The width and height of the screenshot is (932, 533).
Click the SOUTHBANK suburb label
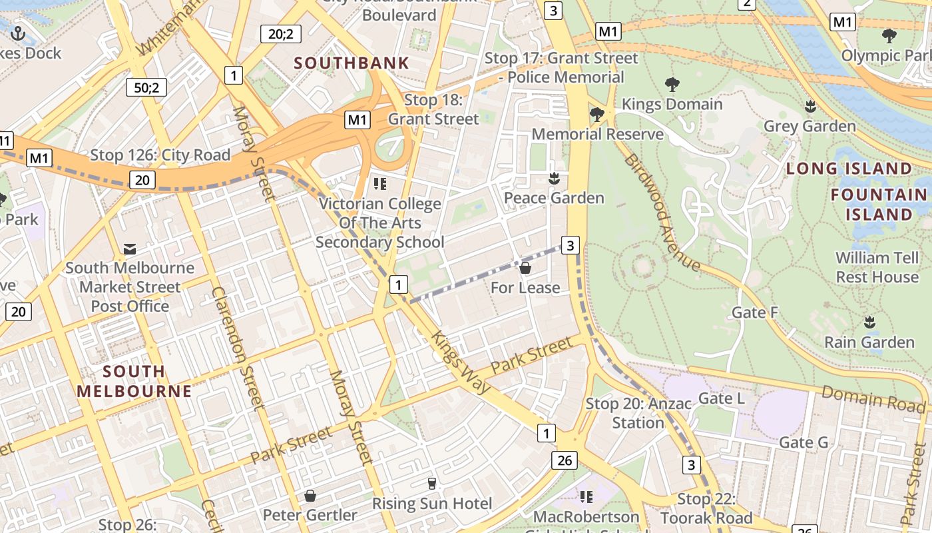(351, 63)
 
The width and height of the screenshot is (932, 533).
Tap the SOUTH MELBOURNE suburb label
(134, 381)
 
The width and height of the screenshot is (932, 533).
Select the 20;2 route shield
(280, 33)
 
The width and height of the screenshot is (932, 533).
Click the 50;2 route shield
(146, 87)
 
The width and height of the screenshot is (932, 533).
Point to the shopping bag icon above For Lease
(525, 268)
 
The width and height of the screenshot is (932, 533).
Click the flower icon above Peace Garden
(553, 178)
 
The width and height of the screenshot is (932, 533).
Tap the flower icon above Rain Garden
(869, 322)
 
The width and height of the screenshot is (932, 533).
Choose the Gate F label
(755, 312)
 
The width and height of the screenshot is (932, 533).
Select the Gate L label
(721, 398)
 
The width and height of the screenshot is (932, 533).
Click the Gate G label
(803, 442)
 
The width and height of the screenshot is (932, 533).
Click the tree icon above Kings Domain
(672, 84)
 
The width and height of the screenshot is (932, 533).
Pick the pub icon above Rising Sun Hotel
(432, 483)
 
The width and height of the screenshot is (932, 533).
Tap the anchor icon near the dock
(17, 33)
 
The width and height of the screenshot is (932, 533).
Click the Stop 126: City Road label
(160, 155)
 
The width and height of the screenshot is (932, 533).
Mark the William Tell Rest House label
(877, 266)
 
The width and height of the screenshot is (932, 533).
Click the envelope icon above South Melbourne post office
(130, 249)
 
